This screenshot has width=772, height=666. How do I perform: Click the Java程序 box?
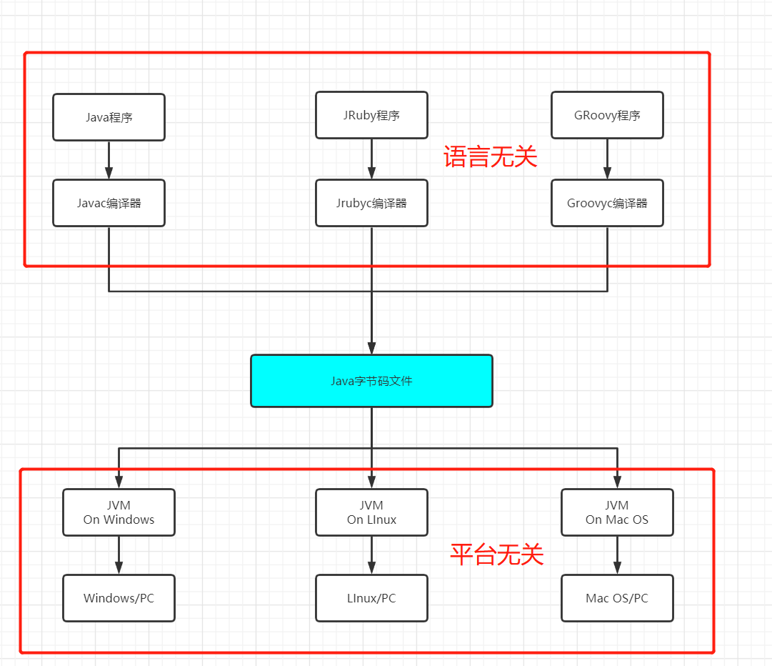(109, 117)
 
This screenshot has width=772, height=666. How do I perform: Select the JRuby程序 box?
(371, 115)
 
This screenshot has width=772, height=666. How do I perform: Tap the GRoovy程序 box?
(607, 115)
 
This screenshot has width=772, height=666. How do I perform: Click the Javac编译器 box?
(109, 203)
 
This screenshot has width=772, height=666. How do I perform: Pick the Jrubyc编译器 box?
(371, 203)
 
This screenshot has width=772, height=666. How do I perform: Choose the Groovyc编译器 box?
(607, 203)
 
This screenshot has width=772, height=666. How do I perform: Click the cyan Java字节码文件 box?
(371, 381)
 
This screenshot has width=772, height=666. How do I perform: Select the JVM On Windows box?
(119, 512)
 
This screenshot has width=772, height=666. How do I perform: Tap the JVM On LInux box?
(371, 512)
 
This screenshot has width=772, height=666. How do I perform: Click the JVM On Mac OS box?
(617, 512)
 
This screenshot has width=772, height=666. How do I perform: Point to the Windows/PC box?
(119, 598)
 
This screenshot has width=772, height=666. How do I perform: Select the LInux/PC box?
(371, 598)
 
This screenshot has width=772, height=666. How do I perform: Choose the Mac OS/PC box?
(617, 598)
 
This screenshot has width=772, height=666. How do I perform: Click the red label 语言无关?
(490, 156)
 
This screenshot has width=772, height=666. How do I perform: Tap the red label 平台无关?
(497, 555)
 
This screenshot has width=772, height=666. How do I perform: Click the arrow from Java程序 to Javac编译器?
(109, 160)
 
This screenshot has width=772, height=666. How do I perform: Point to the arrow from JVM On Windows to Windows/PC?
(119, 555)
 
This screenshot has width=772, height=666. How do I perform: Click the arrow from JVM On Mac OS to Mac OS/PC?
(617, 555)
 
